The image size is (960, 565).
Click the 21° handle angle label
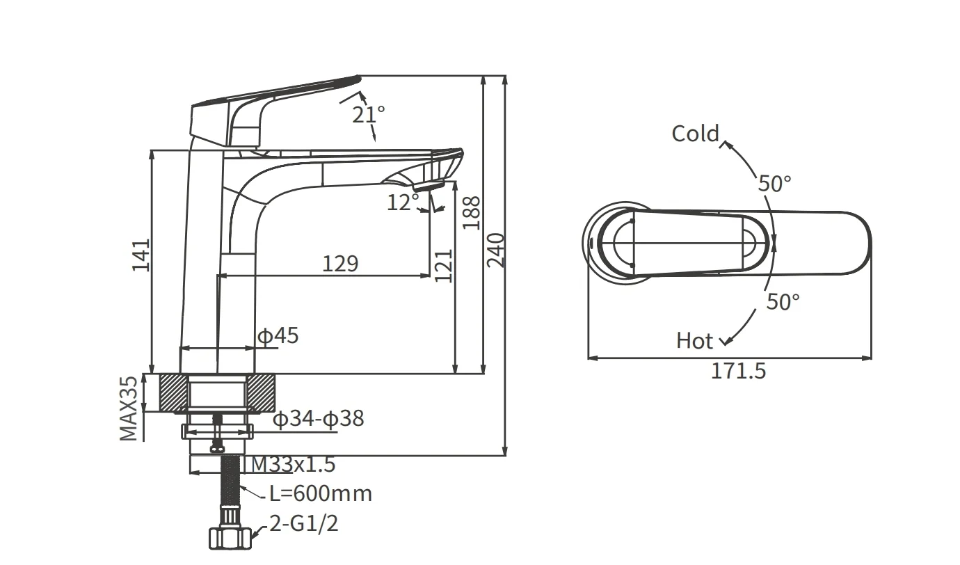pyautogui.click(x=368, y=114)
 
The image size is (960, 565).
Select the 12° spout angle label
pyautogui.click(x=403, y=202)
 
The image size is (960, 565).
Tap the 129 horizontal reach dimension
pyautogui.click(x=340, y=264)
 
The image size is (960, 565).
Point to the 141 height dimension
pyautogui.click(x=141, y=255)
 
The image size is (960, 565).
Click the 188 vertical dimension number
pyautogui.click(x=472, y=213)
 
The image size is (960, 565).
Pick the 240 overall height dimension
pyautogui.click(x=495, y=250)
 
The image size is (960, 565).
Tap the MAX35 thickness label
pyautogui.click(x=128, y=409)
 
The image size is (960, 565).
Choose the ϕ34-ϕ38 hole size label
pyautogui.click(x=317, y=419)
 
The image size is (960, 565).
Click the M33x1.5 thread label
pyautogui.click(x=293, y=463)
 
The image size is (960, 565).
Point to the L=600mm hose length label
pyautogui.click(x=321, y=493)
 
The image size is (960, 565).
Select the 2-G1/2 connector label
pyautogui.click(x=303, y=523)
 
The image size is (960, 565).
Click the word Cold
pyautogui.click(x=694, y=133)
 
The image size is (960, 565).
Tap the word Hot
pyautogui.click(x=694, y=341)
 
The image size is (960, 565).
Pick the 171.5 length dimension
pyautogui.click(x=737, y=371)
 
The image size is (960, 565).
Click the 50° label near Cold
pyautogui.click(x=774, y=184)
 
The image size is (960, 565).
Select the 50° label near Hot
pyautogui.click(x=783, y=302)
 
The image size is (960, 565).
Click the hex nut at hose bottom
pyautogui.click(x=229, y=537)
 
